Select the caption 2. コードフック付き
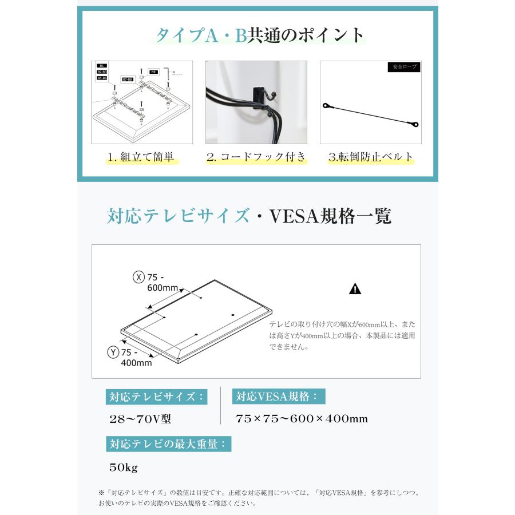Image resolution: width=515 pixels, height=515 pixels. click(x=256, y=157)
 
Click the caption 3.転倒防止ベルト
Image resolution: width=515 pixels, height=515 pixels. click(x=371, y=157)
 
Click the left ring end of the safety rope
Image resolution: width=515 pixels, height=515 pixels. click(x=326, y=106)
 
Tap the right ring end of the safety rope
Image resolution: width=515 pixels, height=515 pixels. click(x=416, y=124)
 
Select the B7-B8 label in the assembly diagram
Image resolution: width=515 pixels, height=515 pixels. click(x=128, y=79)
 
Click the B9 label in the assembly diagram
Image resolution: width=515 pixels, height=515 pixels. click(x=153, y=73)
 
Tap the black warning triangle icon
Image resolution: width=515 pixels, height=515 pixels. click(x=355, y=289)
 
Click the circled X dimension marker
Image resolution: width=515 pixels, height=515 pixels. click(x=138, y=277)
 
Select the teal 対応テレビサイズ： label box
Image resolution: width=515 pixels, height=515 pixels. click(x=156, y=397)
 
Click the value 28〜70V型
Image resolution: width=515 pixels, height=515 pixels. click(x=140, y=419)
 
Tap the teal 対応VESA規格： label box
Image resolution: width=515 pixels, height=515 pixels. click(x=279, y=397)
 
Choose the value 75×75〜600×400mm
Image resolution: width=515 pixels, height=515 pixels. click(x=302, y=419)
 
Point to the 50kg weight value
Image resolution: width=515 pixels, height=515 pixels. click(x=124, y=468)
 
